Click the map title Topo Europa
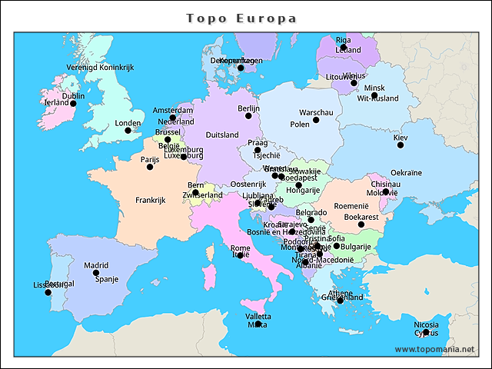pos(242,18)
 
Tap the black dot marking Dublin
pos(74,103)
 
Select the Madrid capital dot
pos(96,273)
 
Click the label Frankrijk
pos(151,200)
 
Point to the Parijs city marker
pos(150,167)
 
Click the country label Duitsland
pos(223,135)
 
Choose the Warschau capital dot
pos(316,120)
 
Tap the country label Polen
pos(300,125)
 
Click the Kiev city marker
pos(400,145)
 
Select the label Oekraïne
pos(406,172)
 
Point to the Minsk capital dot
pos(354,83)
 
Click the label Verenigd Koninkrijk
pos(95,68)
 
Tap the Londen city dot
pos(128,130)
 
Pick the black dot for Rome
pos(240,255)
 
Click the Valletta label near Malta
pos(258,317)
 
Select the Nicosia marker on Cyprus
pos(427,332)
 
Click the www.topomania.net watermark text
pos(434,349)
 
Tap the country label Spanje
pos(107,279)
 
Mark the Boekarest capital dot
pos(361,224)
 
